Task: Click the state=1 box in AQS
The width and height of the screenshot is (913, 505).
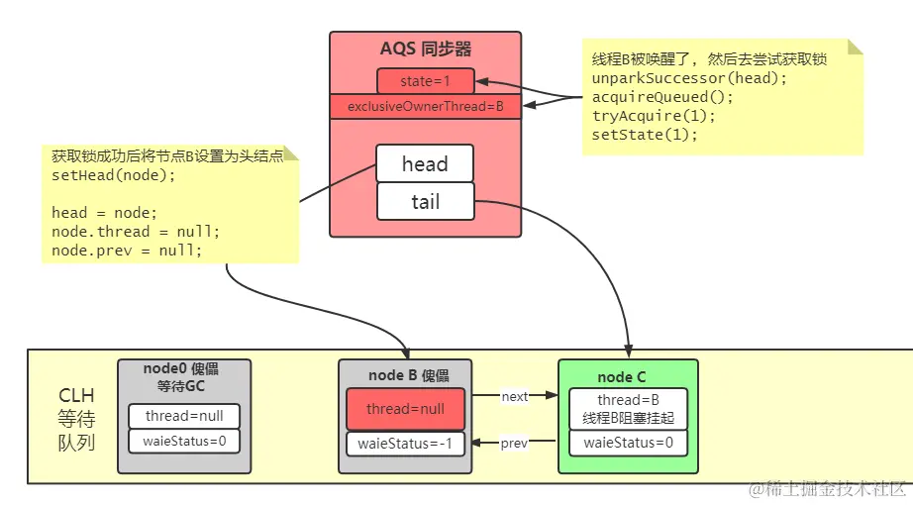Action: [x=425, y=80]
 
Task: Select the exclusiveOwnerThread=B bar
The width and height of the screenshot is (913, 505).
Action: [x=425, y=106]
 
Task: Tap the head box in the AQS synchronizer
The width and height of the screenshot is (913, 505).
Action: [x=425, y=164]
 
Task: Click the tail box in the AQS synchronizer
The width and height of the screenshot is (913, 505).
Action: [x=425, y=201]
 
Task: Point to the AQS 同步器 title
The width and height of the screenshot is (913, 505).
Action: [x=425, y=49]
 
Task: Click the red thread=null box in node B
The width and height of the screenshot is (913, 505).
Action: [x=405, y=409]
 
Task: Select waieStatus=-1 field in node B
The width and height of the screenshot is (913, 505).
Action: [x=405, y=444]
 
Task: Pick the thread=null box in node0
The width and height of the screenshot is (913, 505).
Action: [x=184, y=416]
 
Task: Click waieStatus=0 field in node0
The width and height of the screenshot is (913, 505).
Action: [x=184, y=441]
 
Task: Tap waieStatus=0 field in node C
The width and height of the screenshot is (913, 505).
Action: [x=628, y=443]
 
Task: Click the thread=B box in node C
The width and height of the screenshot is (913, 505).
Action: [x=628, y=408]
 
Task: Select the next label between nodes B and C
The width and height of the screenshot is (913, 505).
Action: [x=515, y=396]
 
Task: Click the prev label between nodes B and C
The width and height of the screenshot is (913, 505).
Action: [x=514, y=444]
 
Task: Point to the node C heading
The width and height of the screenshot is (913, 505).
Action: [x=622, y=377]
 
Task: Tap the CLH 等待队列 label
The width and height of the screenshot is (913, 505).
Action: [x=76, y=419]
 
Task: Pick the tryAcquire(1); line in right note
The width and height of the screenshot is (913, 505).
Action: [x=654, y=116]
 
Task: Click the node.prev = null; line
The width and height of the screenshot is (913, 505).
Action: [x=127, y=251]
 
